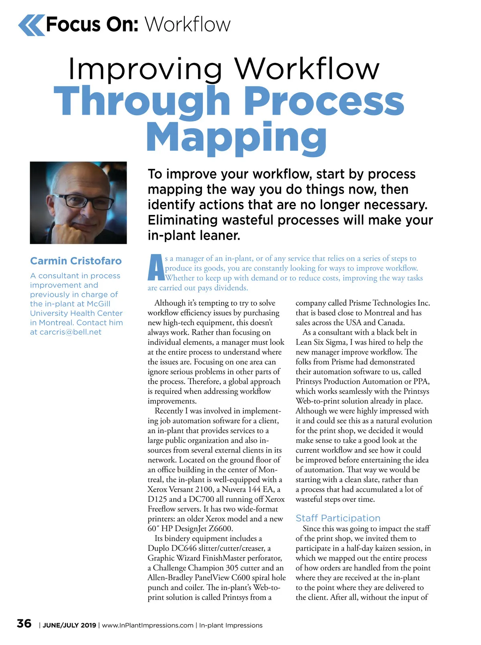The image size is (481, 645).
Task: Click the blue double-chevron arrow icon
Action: [x=31, y=25]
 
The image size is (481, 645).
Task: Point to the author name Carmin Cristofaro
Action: [x=76, y=261]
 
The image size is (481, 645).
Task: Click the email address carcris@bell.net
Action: [x=71, y=332]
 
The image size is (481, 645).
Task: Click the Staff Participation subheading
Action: [x=338, y=518]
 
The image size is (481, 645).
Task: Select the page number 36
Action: [x=24, y=624]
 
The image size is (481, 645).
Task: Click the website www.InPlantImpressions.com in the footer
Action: [x=148, y=625]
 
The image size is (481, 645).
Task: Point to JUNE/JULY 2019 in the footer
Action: [x=69, y=625]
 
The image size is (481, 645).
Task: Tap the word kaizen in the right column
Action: [x=386, y=548]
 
